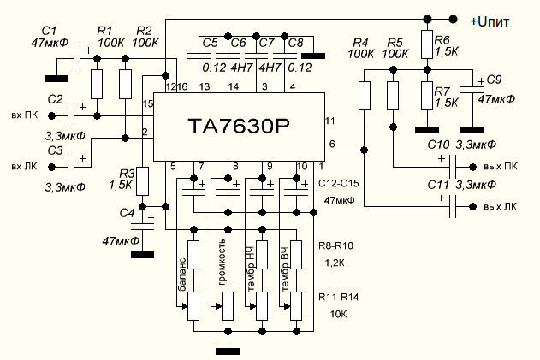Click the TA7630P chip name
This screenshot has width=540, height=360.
tap(239, 127)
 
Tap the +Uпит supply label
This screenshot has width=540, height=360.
tap(490, 21)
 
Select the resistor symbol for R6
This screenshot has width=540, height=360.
tap(427, 44)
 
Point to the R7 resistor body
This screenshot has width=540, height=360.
tap(427, 96)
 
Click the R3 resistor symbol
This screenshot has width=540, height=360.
tap(143, 181)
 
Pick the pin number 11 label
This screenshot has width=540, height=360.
tap(330, 121)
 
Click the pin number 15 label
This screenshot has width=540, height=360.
tap(148, 103)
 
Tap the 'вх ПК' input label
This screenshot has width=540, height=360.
tap(25, 115)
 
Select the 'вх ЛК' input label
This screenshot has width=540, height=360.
tap(24, 167)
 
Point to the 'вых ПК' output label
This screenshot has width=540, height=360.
tap(501, 167)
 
